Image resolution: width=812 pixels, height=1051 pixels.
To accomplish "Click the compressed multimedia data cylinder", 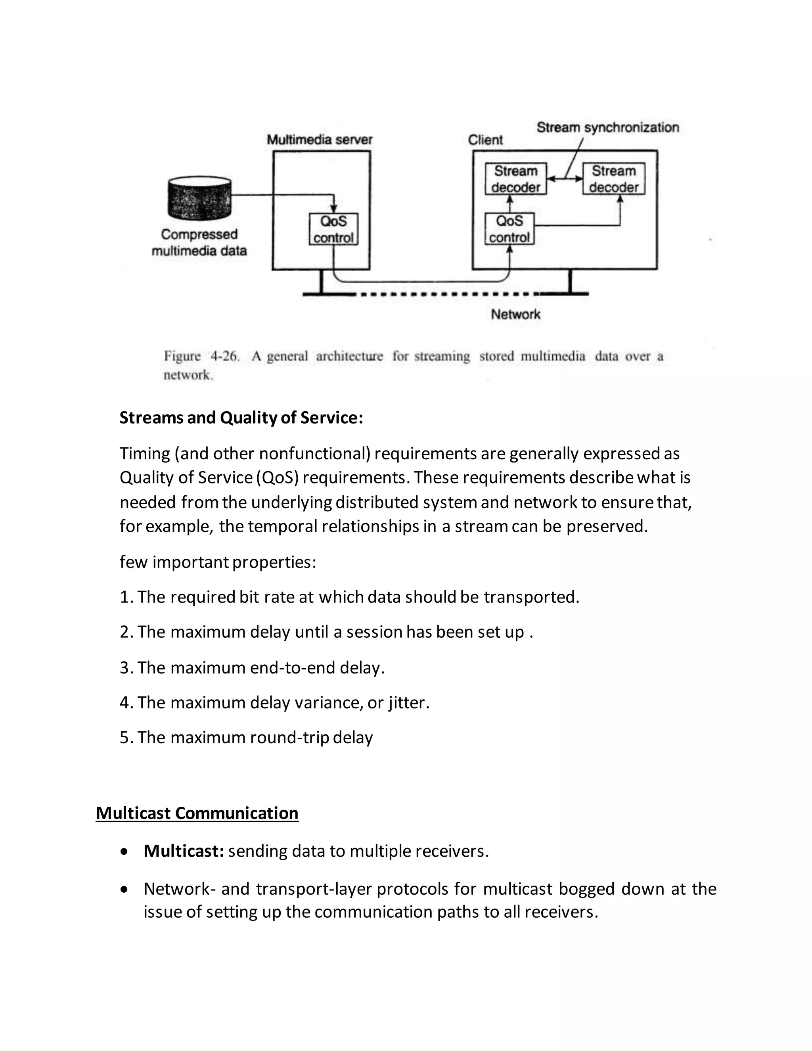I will click(199, 198).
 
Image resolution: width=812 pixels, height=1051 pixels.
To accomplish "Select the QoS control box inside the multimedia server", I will click(333, 229).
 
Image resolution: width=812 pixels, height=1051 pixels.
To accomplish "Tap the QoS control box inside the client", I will click(509, 228).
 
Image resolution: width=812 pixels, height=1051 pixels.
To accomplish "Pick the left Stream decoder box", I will click(516, 178).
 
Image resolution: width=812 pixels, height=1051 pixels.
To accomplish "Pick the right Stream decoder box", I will click(613, 178).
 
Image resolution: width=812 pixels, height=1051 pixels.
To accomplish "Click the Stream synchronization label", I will click(607, 128).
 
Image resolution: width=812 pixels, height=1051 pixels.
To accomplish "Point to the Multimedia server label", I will click(320, 140).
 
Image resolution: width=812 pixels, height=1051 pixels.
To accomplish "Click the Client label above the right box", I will click(485, 140).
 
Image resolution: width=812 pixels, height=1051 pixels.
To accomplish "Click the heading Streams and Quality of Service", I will click(241, 417).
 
